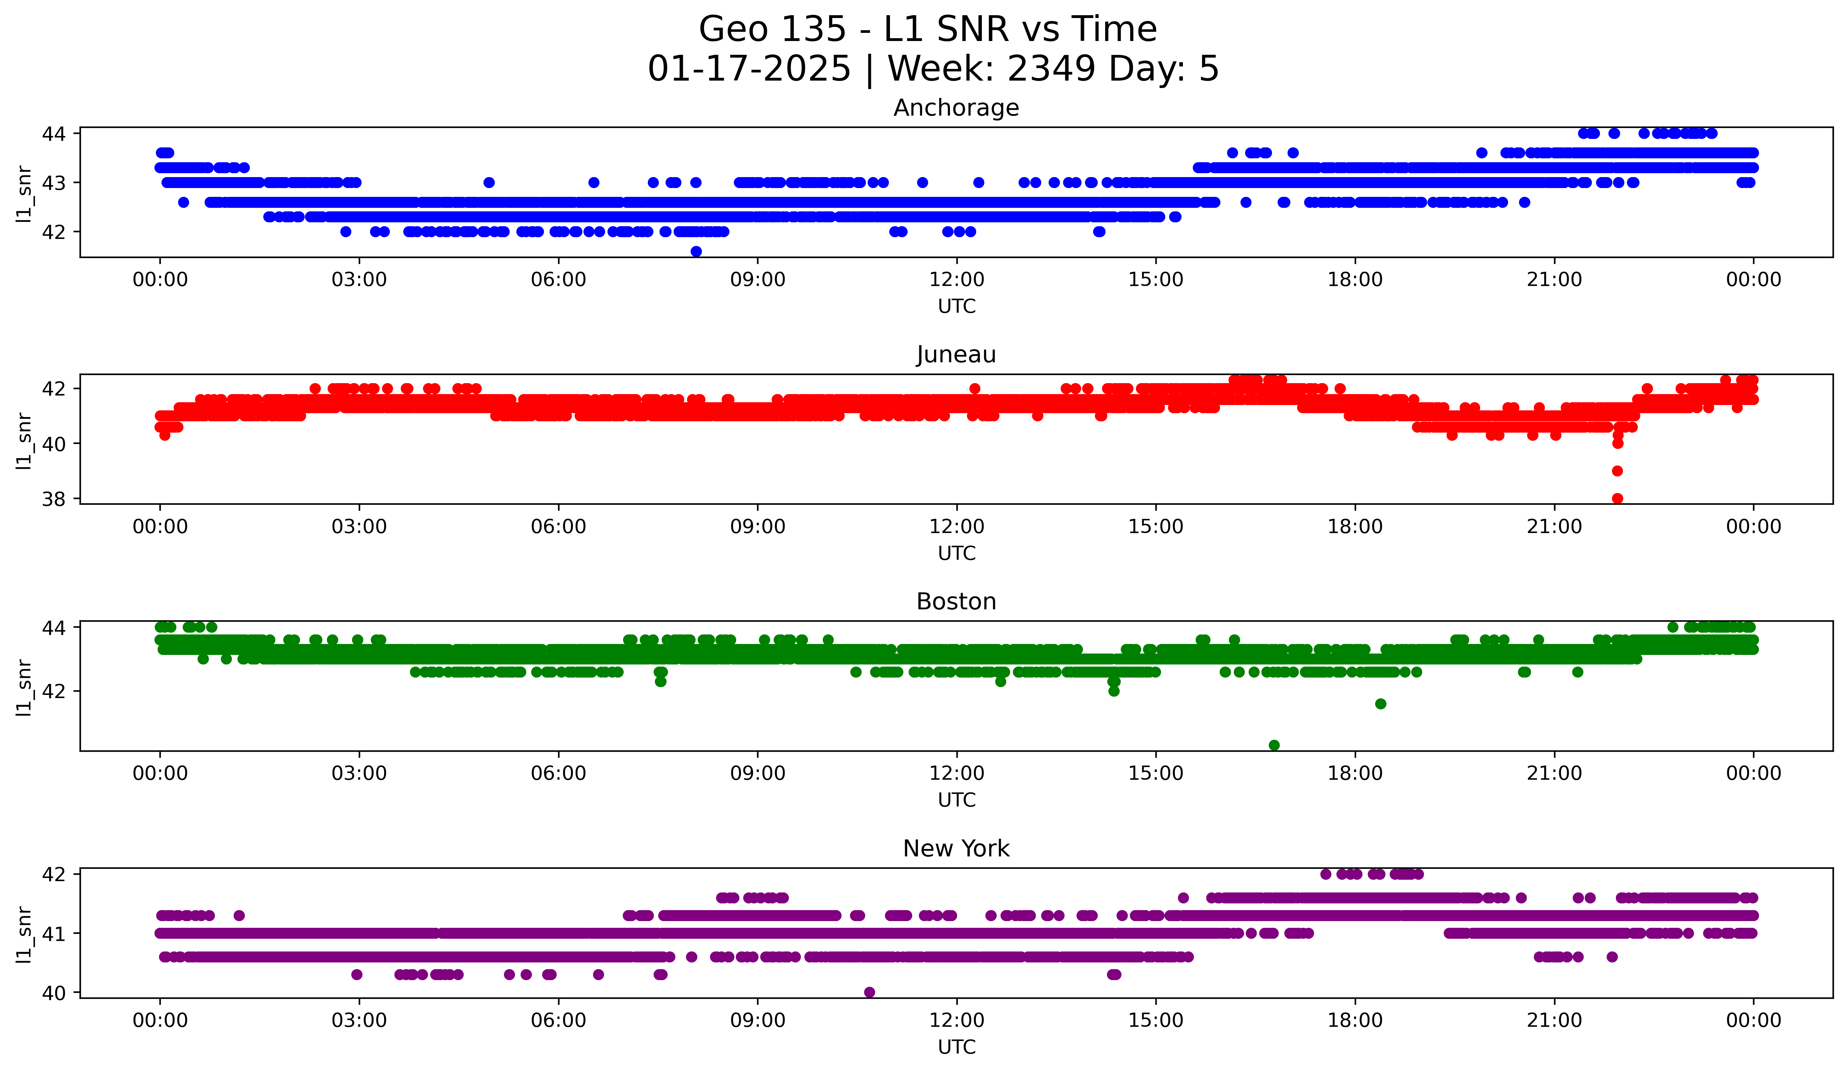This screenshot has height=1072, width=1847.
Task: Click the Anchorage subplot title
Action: (x=956, y=108)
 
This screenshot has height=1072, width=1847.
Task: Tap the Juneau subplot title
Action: (x=956, y=355)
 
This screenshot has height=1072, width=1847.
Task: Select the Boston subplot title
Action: (x=956, y=602)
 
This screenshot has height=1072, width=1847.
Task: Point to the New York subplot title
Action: (x=956, y=849)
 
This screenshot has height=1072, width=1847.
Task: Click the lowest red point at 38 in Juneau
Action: (x=1618, y=498)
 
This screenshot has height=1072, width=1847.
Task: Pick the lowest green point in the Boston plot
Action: (x=1274, y=745)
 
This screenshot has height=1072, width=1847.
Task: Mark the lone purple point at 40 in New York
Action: (x=869, y=992)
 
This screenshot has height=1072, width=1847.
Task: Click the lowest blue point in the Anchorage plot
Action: (x=696, y=251)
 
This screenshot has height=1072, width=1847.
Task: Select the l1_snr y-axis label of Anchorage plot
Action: (x=24, y=193)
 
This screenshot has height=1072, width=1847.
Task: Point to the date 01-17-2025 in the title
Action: (x=749, y=69)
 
